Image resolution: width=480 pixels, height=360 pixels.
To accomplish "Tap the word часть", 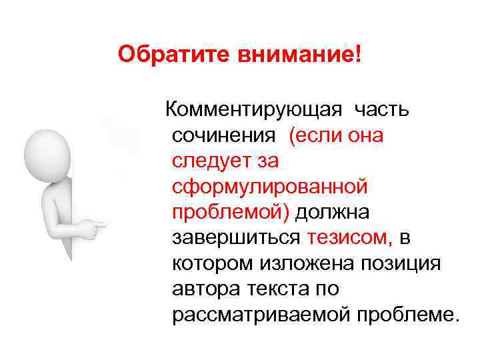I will (386, 108).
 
